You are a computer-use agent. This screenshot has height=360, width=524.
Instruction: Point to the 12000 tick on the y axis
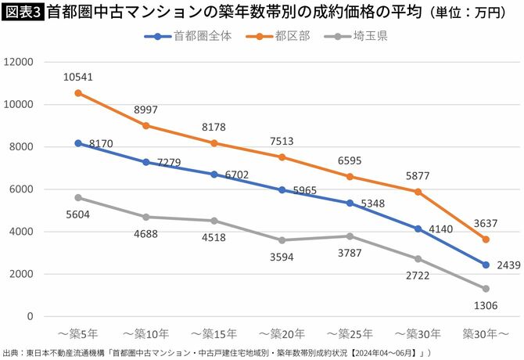coord(18,62)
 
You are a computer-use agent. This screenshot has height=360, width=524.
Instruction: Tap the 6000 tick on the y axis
coord(21,189)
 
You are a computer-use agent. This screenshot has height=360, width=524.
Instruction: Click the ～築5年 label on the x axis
coord(77,333)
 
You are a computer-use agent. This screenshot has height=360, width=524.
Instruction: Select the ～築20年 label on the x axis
coord(282,333)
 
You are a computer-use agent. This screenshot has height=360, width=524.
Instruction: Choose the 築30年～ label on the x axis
coord(486,333)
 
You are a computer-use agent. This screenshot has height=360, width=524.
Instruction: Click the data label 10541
coord(77,76)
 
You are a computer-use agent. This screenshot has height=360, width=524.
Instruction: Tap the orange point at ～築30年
coord(418,192)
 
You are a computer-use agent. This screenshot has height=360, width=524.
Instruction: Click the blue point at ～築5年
coord(77,143)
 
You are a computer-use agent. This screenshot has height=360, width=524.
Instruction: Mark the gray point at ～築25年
coord(350,236)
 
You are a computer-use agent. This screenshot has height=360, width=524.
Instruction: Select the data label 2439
coord(508,265)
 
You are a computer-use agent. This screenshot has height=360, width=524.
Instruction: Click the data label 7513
coord(282,141)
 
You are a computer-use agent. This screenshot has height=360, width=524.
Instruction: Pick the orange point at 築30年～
coord(486,239)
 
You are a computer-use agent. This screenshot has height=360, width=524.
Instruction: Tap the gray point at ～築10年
coord(145,217)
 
